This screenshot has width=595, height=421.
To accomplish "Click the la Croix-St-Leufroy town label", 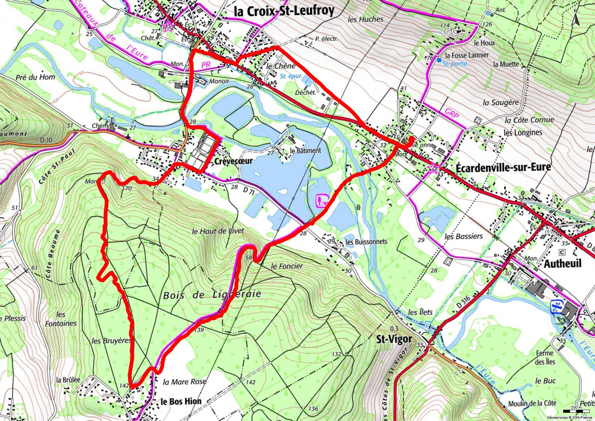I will (x=284, y=11).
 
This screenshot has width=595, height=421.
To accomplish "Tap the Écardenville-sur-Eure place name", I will (x=503, y=167).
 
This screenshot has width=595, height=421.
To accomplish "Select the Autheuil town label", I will (x=562, y=263).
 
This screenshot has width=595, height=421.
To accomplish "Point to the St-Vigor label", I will (x=394, y=339).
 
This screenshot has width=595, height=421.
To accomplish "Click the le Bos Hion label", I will (x=181, y=401).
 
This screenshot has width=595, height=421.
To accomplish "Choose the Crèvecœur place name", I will (x=234, y=161).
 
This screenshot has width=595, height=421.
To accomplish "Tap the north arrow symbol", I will (x=576, y=17).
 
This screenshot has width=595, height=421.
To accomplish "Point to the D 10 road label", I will (x=45, y=140).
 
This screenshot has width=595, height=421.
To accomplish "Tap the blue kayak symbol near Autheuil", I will (x=556, y=306).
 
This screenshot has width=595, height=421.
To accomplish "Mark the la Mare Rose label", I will (x=184, y=382).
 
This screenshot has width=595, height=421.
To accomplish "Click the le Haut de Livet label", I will (x=217, y=231).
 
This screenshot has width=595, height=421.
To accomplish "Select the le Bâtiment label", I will (x=306, y=150).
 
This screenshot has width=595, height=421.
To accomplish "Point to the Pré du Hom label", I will (x=35, y=77).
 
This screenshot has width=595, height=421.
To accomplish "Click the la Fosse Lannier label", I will (x=467, y=55).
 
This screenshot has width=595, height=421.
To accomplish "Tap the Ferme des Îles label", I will (x=545, y=357).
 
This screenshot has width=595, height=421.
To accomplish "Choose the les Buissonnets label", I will (x=366, y=242).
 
